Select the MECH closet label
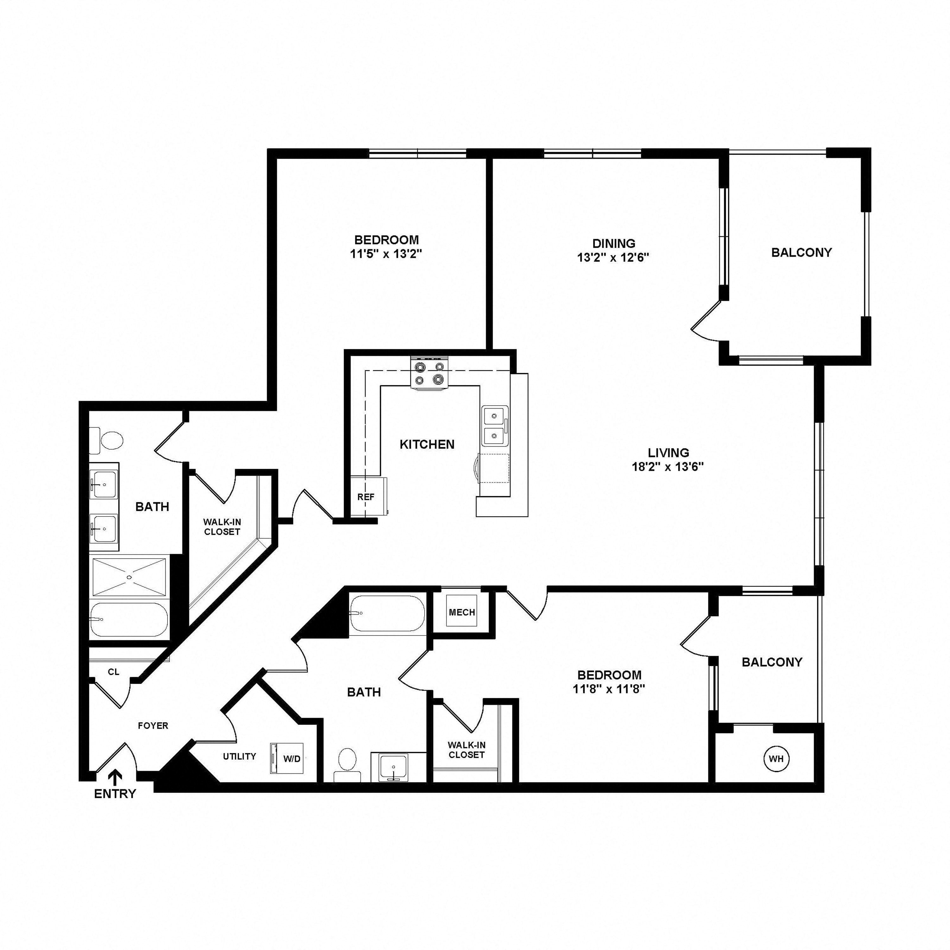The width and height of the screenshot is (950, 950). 462,612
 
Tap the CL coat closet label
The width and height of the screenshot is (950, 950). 114,672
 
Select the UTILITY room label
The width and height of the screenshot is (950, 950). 239,756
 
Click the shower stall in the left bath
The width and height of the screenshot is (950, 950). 129,576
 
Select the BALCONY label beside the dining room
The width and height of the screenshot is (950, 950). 801,252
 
